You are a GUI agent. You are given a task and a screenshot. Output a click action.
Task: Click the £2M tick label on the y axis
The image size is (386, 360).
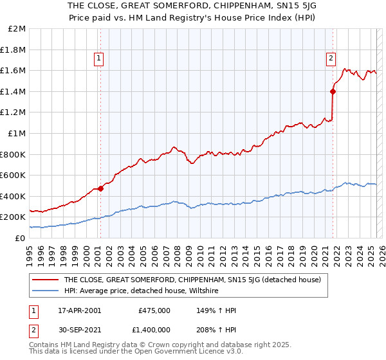[x=17, y=29]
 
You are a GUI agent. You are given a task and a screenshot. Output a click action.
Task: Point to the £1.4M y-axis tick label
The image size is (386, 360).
[x=14, y=91]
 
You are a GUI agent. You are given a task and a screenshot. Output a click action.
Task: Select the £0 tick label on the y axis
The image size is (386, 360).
[x=21, y=238]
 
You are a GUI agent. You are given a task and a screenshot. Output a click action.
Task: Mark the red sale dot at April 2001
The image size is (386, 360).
[x=101, y=188]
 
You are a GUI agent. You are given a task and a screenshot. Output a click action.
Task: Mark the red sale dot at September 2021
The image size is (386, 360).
[x=333, y=91]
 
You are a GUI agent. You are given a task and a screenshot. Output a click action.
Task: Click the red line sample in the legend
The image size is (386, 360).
[x=44, y=280]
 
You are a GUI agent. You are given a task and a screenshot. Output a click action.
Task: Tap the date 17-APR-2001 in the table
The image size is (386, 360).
[x=79, y=310]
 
